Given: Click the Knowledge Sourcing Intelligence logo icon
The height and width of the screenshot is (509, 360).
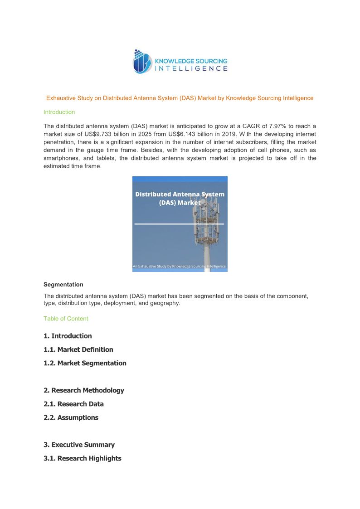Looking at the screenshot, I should (x=142, y=62).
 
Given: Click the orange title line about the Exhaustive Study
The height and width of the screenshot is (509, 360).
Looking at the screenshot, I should (x=180, y=98).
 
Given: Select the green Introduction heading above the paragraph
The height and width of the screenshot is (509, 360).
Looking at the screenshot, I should (x=59, y=112).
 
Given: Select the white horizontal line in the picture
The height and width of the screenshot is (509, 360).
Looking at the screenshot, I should (x=180, y=224).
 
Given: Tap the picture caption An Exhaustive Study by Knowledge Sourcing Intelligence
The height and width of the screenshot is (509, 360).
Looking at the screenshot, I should (x=180, y=267).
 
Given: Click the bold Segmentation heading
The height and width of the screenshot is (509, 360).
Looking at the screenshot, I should (x=63, y=285).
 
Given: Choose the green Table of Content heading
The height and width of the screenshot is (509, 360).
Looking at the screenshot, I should (x=66, y=319).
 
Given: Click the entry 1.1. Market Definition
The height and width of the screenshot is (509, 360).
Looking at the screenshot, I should (x=78, y=349).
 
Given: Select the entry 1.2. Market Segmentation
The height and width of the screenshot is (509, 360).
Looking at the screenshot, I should (x=85, y=363).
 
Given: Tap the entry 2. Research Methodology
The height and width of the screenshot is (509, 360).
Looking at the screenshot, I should (x=84, y=390).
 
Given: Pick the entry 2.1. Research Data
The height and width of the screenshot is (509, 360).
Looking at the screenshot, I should (x=73, y=404).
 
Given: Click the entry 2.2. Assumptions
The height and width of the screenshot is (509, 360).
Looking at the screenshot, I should (x=71, y=417).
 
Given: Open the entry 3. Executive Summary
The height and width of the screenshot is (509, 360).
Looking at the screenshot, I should (x=79, y=445).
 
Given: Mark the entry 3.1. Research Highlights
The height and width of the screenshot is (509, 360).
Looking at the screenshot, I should (x=83, y=458).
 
